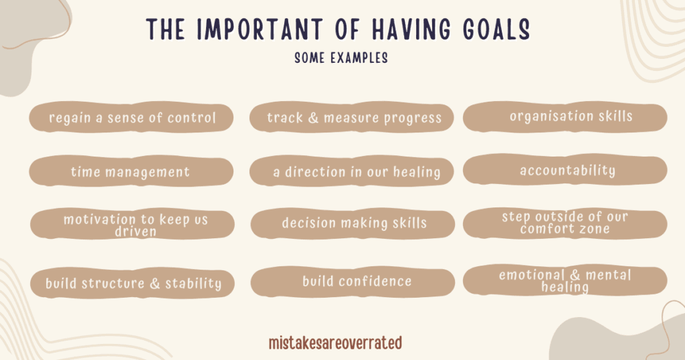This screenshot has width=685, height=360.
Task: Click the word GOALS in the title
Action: [496, 29]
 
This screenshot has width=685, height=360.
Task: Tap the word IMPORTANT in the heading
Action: [260, 29]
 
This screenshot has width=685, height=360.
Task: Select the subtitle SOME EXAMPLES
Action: [341, 58]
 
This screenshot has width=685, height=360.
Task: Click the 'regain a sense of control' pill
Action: [131, 117]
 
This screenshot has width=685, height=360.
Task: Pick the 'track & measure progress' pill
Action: [352, 117]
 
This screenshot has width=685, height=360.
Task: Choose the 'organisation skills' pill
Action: [565, 116]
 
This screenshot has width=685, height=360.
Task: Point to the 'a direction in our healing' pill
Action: [352, 171]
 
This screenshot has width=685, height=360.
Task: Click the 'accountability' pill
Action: [565, 170]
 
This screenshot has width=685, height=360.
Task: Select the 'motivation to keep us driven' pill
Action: [132, 223]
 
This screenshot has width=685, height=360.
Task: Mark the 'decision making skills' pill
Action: [353, 223]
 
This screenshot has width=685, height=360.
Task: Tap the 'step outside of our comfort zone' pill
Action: [565, 223]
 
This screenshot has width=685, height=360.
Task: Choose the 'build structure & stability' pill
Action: [132, 282]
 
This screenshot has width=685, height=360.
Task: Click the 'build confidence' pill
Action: [353, 282]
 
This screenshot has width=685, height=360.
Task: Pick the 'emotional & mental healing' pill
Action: [565, 280]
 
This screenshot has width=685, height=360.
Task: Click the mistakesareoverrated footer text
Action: [336, 343]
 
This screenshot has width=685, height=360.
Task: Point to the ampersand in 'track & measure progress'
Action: [313, 118]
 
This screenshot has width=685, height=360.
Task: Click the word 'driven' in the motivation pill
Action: [135, 232]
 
